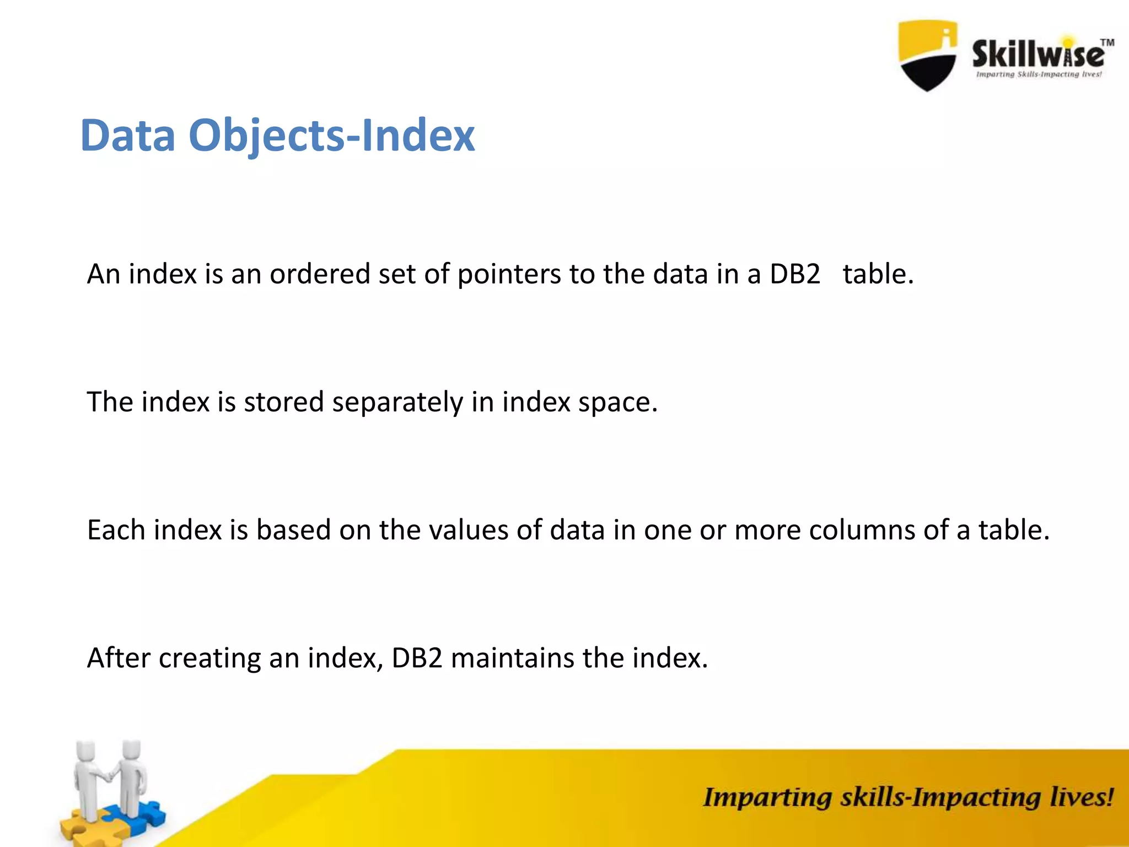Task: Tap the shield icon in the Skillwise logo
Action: tap(928, 55)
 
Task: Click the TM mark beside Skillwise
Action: tap(1107, 43)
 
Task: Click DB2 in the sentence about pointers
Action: tap(795, 274)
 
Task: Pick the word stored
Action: tap(283, 402)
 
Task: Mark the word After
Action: tap(119, 658)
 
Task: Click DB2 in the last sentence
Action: tap(417, 658)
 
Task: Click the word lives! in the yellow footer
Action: tap(1081, 797)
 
